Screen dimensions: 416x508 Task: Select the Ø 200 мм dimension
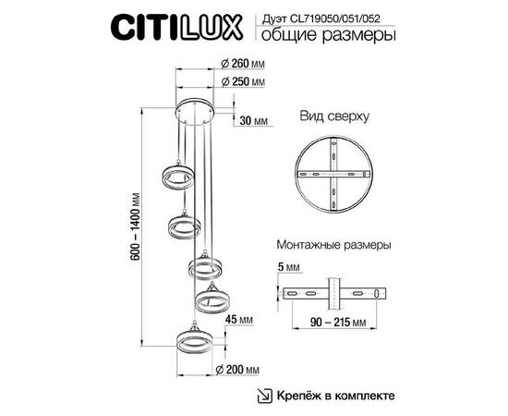coord(238,370)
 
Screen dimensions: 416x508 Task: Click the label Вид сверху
coord(334,118)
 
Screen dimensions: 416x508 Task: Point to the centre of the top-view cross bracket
coord(333,177)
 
